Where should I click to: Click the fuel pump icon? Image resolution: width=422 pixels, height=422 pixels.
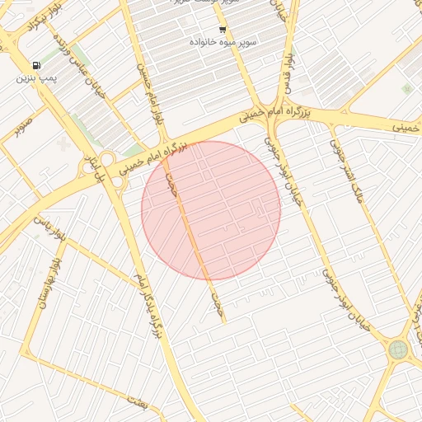35,65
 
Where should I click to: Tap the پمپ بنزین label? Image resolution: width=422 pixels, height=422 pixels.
35,80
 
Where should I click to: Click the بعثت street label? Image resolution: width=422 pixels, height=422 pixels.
137,401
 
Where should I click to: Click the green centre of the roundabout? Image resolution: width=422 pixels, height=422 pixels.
398,349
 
